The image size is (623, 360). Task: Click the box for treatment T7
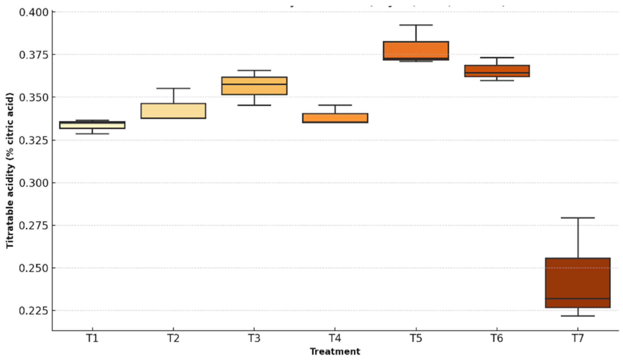tap(578, 282)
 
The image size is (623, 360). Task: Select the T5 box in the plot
tap(416, 51)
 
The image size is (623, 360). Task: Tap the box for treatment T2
tap(173, 111)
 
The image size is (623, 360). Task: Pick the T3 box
tap(254, 86)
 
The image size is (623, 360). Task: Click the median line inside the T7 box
tap(578, 299)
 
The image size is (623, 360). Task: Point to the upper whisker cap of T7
tap(578, 218)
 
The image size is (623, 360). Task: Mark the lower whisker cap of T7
tap(578, 316)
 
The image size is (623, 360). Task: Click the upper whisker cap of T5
tap(416, 25)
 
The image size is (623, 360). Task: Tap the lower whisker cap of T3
tap(254, 105)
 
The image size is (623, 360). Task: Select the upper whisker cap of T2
tap(173, 88)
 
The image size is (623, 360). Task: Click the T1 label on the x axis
tap(92, 338)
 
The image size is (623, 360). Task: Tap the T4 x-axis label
tap(335, 338)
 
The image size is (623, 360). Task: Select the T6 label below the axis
tap(497, 338)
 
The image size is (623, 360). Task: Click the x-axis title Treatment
tap(335, 352)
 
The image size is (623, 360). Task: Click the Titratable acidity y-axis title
tap(10, 171)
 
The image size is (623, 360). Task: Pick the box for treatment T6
tap(497, 71)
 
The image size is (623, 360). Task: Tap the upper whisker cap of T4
tap(335, 105)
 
